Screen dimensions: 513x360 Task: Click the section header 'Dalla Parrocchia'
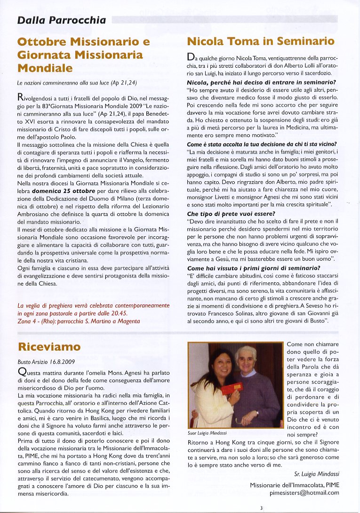click(62, 20)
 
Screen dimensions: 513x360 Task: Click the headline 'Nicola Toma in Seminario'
click(261, 41)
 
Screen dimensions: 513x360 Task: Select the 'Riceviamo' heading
click(49, 347)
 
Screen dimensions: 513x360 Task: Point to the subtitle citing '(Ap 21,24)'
click(76, 83)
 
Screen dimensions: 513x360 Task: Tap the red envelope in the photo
click(232, 389)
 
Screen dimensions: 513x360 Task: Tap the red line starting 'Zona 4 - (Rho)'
click(79, 321)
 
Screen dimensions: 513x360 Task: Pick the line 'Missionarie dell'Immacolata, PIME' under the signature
click(294, 484)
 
